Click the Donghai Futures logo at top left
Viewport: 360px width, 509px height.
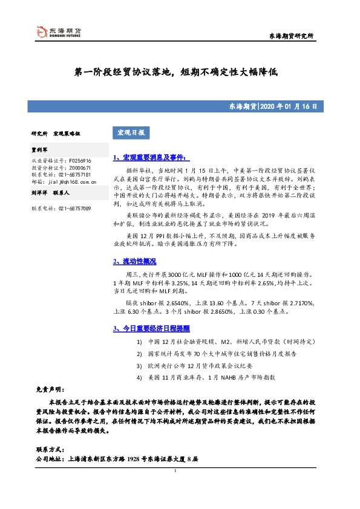[58, 33]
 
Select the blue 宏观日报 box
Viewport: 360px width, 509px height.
[128, 132]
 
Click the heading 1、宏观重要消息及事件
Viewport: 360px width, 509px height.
[143, 157]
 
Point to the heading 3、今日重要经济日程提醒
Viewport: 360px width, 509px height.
[151, 329]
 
